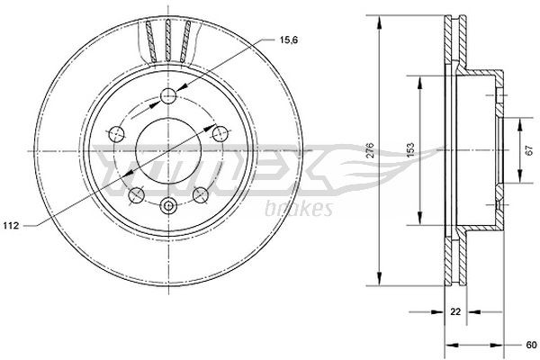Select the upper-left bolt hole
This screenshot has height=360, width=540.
115,133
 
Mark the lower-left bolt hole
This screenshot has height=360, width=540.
137,195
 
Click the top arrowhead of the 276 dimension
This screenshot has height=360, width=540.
381,21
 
